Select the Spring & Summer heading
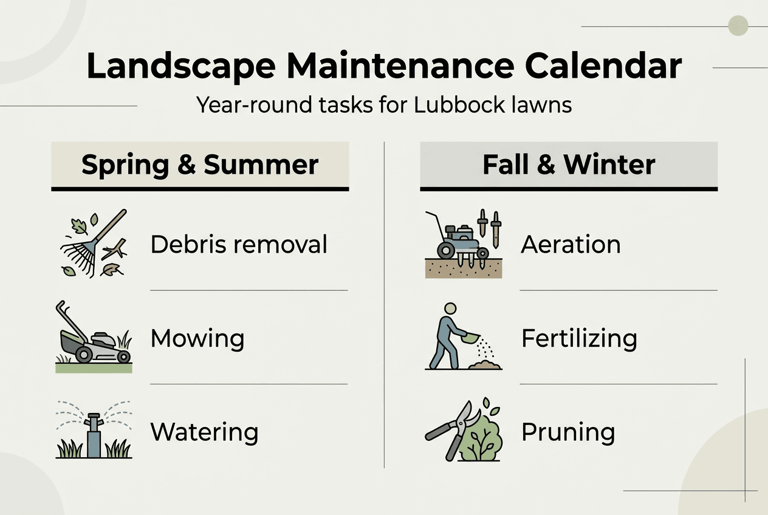(200, 165)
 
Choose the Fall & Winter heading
(569, 165)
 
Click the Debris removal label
(239, 245)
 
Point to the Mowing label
(197, 338)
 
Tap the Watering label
(204, 432)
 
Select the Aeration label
(571, 245)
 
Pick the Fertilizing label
(579, 338)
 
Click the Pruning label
(568, 432)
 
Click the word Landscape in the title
(182, 66)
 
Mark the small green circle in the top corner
(738, 26)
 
